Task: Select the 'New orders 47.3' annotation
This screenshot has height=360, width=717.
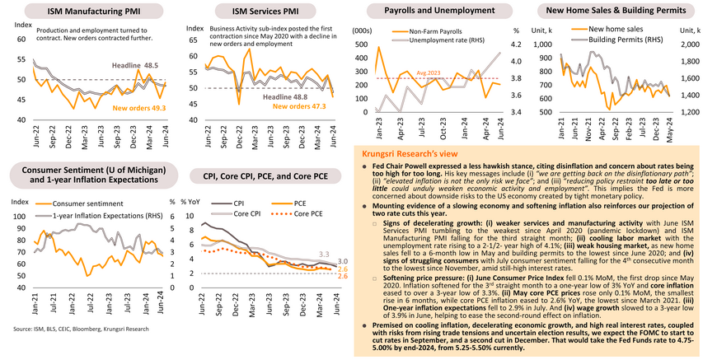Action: (298, 105)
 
